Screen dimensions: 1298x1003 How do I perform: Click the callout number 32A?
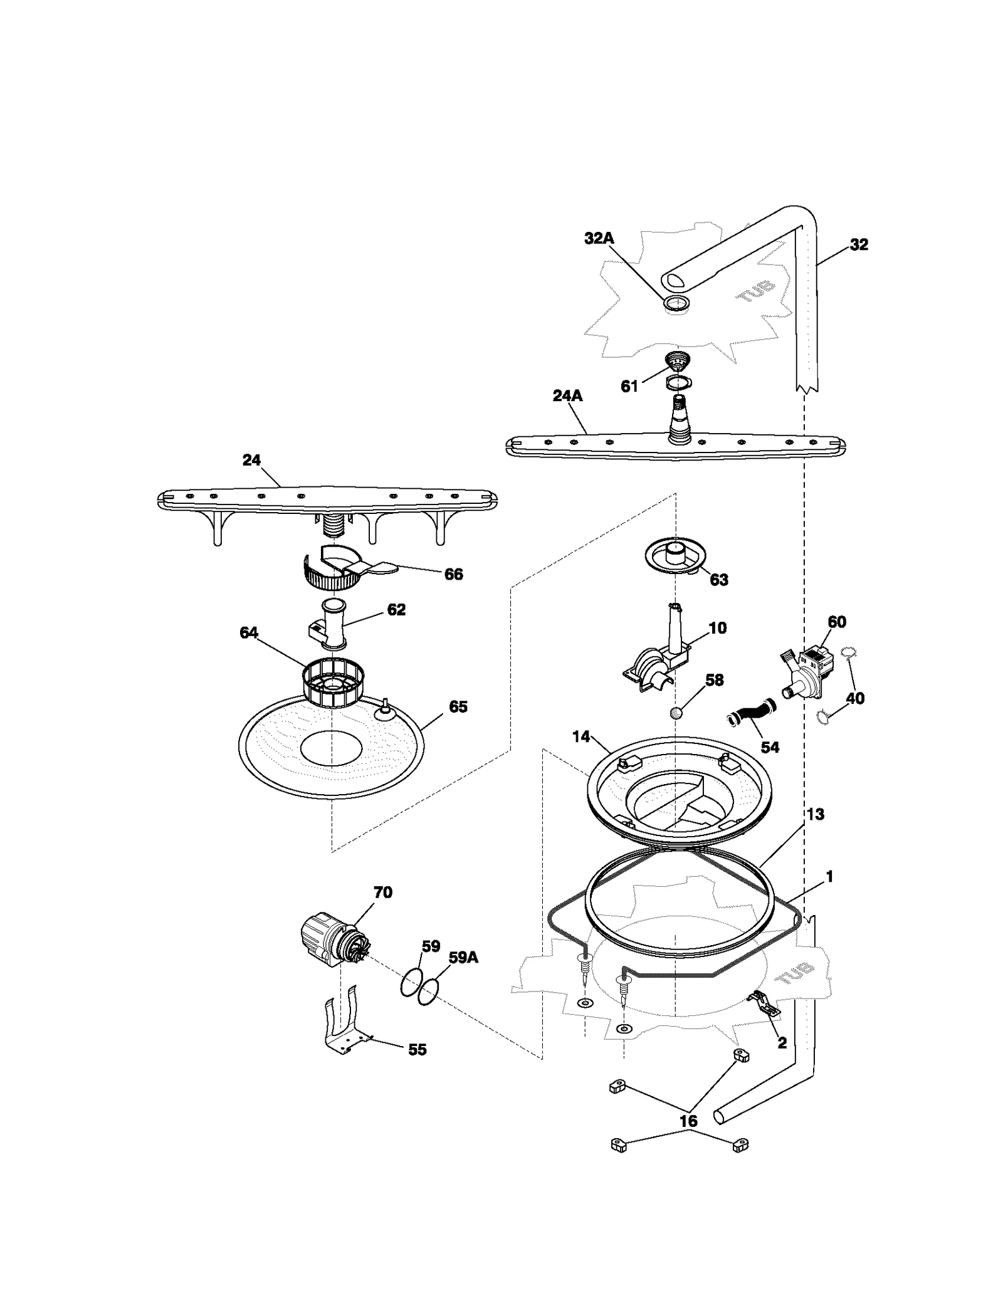tap(599, 238)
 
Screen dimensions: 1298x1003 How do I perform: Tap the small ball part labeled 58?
tap(676, 713)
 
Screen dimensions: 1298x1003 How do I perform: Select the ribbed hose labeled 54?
tap(751, 716)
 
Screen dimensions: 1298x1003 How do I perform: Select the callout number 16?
tap(688, 1121)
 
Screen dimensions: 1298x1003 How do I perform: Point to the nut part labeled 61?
tap(677, 362)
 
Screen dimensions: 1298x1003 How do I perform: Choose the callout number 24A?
tap(567, 395)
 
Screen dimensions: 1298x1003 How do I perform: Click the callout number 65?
tap(458, 706)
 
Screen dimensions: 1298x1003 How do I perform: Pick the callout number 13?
tap(815, 814)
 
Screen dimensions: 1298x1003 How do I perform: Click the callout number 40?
tap(855, 698)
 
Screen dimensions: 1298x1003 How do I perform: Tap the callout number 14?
tap(580, 736)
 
